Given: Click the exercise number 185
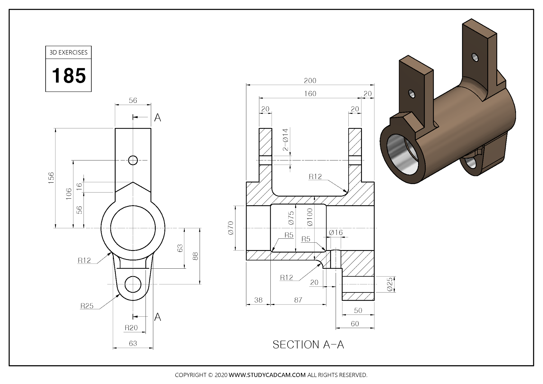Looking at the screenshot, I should click(x=69, y=76).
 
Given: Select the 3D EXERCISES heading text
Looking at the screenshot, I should click(x=68, y=53).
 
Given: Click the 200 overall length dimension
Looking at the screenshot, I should click(x=310, y=81).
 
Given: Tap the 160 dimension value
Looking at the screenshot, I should click(x=310, y=94).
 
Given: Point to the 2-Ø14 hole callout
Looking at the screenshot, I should click(x=286, y=140).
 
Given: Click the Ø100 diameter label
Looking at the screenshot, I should click(x=310, y=217).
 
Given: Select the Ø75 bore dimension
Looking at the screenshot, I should click(x=291, y=218).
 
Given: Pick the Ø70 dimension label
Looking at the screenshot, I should click(x=231, y=228).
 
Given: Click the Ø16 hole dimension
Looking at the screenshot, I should click(x=336, y=233).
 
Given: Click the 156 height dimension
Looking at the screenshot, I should click(x=51, y=176).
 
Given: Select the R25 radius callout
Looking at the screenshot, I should click(x=87, y=306).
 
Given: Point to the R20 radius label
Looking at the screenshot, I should click(x=131, y=328).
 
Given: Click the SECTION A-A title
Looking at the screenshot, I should click(x=308, y=345).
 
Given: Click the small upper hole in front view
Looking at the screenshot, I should click(x=133, y=160).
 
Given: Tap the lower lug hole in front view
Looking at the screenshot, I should click(x=133, y=284).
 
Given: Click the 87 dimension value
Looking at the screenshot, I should click(x=298, y=300).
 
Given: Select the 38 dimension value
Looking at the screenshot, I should click(x=258, y=300).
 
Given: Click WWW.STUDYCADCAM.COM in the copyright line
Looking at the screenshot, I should click(x=267, y=375).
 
